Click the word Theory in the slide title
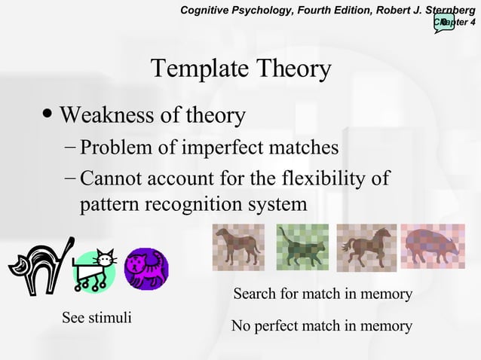(294, 69)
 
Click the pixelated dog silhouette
(238, 246)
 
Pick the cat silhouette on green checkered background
(302, 247)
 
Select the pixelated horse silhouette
(366, 246)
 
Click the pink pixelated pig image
(432, 246)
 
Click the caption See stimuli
(97, 317)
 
